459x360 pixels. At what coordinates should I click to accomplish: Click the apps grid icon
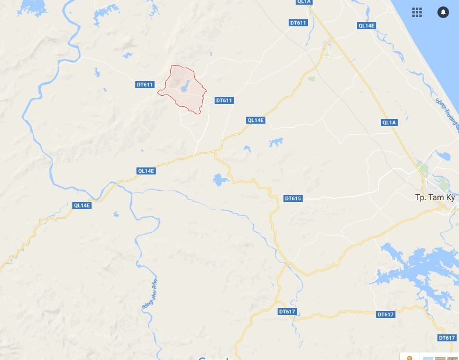(x=416, y=12)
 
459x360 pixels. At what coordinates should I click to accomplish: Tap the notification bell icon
(x=443, y=12)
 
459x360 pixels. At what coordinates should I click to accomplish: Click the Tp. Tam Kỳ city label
(x=434, y=197)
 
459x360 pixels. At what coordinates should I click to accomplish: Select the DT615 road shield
(x=293, y=198)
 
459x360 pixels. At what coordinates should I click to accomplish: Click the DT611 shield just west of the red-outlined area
(x=144, y=85)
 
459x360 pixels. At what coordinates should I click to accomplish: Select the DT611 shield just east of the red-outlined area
(x=224, y=100)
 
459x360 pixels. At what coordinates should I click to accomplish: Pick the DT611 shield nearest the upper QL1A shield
(x=297, y=23)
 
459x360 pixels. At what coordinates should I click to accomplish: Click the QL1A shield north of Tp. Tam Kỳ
(x=389, y=122)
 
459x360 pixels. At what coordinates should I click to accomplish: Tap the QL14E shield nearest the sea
(x=366, y=26)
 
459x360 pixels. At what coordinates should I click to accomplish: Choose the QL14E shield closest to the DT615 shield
(x=255, y=120)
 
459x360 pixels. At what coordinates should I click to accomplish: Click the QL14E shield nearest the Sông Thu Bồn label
(x=82, y=205)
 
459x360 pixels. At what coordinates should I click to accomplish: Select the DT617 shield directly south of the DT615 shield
(x=287, y=312)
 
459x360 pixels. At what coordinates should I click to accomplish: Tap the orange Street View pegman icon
(x=410, y=356)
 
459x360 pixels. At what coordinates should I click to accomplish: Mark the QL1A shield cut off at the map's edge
(x=304, y=2)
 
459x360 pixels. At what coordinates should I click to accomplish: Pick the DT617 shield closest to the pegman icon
(x=447, y=338)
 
